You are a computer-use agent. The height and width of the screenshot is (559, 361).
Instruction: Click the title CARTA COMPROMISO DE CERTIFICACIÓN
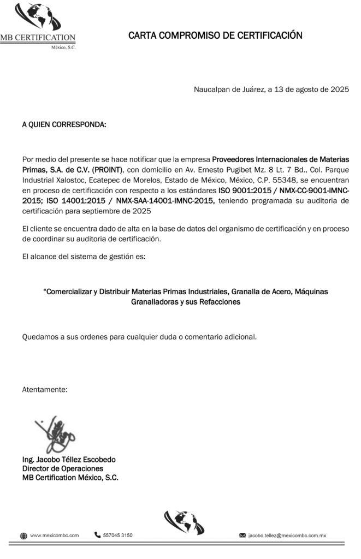(215, 36)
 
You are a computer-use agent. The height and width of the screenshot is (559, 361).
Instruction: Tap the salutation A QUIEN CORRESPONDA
(64, 125)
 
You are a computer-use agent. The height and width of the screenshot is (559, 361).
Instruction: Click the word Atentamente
(45, 390)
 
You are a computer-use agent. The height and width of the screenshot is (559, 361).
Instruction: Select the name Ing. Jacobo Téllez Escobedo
(68, 460)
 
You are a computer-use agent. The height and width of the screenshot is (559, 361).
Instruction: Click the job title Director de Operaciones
(62, 468)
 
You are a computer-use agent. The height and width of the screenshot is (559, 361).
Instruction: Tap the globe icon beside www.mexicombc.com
(23, 536)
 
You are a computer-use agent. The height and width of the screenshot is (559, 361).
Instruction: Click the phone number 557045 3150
(117, 535)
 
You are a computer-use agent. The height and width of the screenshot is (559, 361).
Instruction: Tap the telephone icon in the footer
(98, 535)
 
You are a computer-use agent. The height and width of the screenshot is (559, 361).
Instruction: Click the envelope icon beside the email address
(242, 536)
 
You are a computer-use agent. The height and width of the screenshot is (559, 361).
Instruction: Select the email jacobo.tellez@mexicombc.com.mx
(287, 536)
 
